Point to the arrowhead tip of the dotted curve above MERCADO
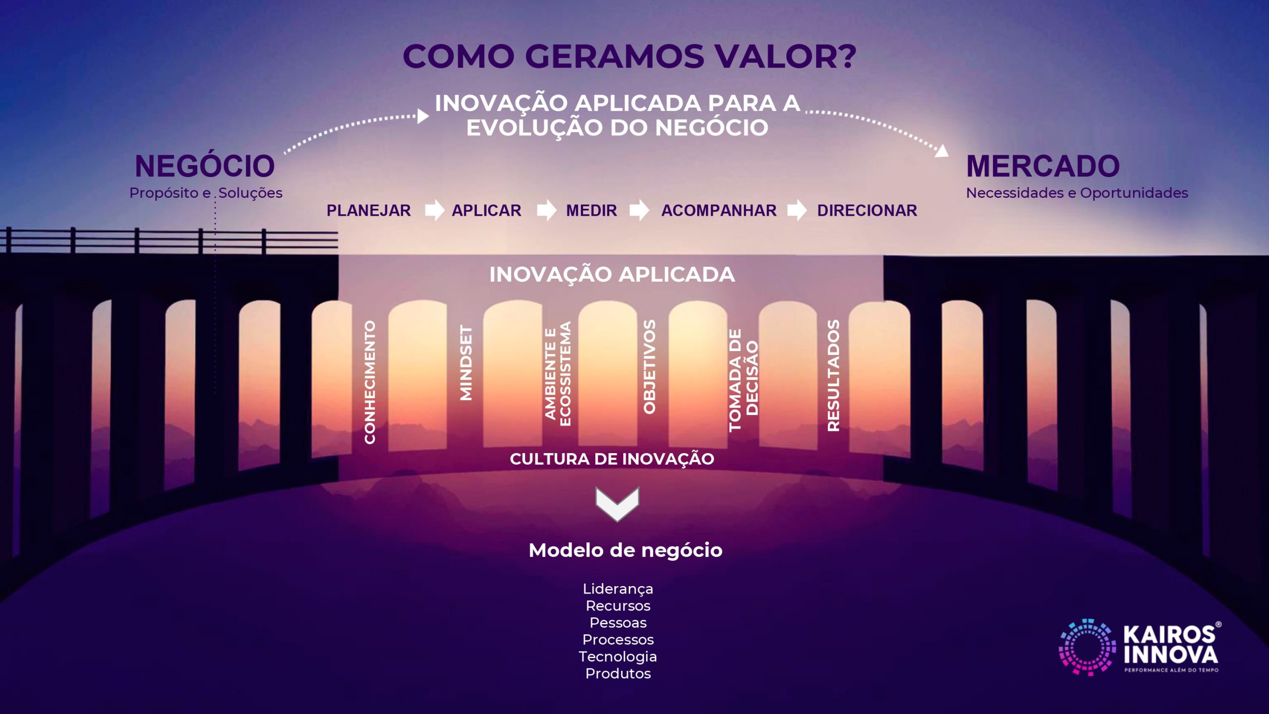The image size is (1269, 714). pyautogui.click(x=948, y=156)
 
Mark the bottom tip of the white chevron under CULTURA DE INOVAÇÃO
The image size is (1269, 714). pyautogui.click(x=617, y=522)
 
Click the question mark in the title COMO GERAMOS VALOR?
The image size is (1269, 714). pyautogui.click(x=843, y=56)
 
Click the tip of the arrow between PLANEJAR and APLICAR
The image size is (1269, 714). pyautogui.click(x=445, y=210)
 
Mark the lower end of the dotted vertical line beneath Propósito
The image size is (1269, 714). pyautogui.click(x=215, y=393)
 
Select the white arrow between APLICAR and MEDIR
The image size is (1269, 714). pyautogui.click(x=547, y=210)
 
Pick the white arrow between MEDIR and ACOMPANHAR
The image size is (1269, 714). pyautogui.click(x=639, y=210)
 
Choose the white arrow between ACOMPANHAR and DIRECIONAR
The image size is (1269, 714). pyautogui.click(x=797, y=210)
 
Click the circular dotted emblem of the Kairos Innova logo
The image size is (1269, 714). pyautogui.click(x=1087, y=647)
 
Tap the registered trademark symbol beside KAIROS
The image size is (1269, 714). pyautogui.click(x=1218, y=625)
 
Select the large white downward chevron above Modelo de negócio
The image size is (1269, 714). pyautogui.click(x=617, y=504)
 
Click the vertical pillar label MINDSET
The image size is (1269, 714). pyautogui.click(x=466, y=362)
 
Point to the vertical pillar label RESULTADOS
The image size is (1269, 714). pyautogui.click(x=833, y=375)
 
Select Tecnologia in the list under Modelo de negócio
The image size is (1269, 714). pyautogui.click(x=618, y=656)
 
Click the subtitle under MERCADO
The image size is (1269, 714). pyautogui.click(x=1077, y=193)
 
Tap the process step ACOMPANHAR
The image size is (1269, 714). pyautogui.click(x=719, y=210)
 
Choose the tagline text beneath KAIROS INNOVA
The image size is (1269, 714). pyautogui.click(x=1171, y=670)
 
